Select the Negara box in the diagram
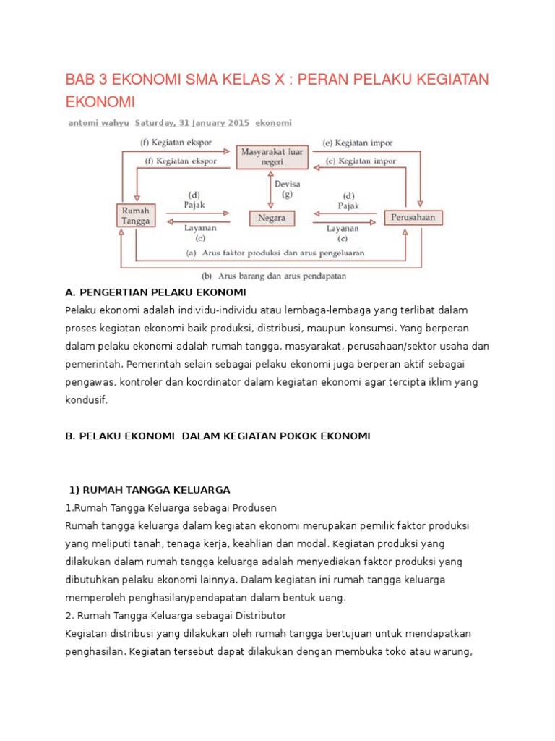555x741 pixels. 271,217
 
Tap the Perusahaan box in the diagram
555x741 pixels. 413,217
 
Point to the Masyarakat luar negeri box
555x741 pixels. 272,156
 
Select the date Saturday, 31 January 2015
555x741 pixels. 192,123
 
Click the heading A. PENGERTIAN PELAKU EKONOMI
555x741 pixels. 155,292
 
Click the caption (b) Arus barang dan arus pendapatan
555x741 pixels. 274,275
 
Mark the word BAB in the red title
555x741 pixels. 82,78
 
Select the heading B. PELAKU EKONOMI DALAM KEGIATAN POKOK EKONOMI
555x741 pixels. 217,436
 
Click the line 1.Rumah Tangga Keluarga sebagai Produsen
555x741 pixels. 171,507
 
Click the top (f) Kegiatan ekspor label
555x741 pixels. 176,143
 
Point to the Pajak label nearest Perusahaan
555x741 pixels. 348,206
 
